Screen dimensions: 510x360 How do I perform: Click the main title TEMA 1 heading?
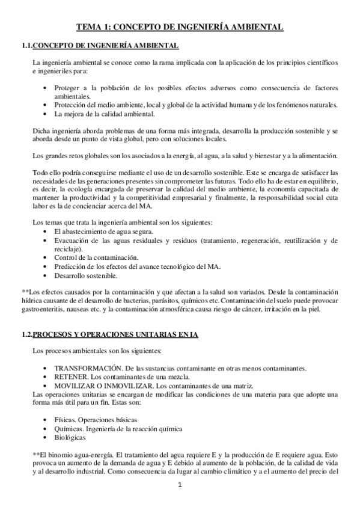[180, 27]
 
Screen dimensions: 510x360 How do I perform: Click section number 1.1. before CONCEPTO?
[25, 46]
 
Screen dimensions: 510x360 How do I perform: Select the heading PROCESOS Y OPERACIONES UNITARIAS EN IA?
[115, 334]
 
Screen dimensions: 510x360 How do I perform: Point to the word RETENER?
[71, 376]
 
